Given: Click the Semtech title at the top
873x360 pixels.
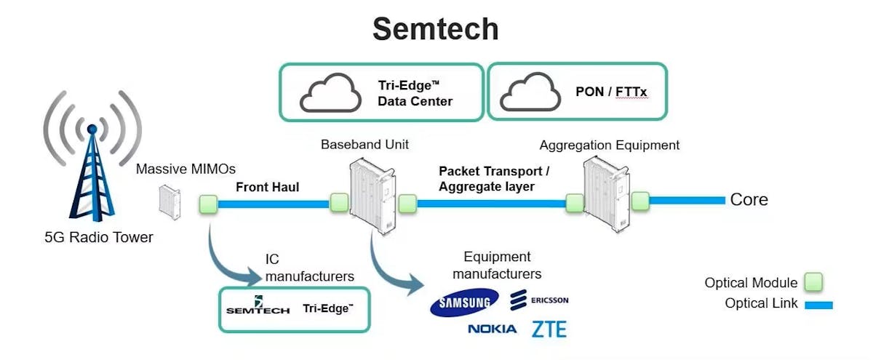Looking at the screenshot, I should point(436,29).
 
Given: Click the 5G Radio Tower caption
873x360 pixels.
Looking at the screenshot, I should point(98,237).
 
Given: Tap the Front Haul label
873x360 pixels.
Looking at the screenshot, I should point(267,187).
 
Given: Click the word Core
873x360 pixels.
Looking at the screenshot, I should point(749,200).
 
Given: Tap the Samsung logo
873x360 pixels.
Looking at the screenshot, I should point(464,303).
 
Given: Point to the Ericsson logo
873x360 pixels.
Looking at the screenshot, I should point(539,300).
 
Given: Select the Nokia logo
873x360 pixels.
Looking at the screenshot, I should point(492,329).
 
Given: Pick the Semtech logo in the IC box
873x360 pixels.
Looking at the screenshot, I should point(258,308).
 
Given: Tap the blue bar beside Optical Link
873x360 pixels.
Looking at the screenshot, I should point(817,305).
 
